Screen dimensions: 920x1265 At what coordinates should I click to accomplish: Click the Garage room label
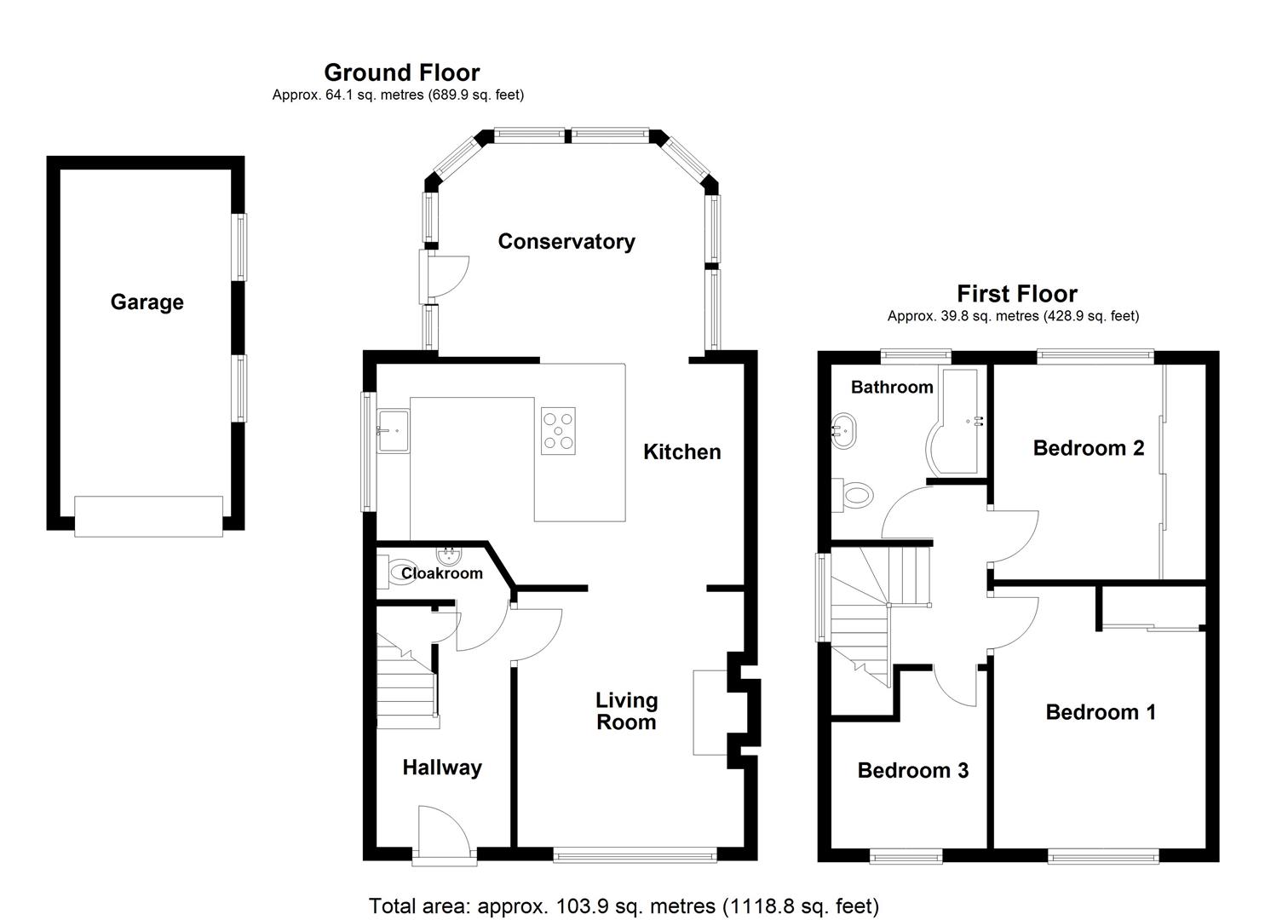tap(147, 302)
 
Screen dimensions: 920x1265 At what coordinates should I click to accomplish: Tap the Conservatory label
tap(566, 242)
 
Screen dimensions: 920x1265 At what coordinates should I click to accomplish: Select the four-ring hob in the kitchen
tap(558, 431)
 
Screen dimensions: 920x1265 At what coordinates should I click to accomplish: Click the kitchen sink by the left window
tap(393, 431)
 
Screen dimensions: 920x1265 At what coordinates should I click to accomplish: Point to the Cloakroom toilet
tap(393, 572)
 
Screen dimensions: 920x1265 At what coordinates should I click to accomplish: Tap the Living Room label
tap(626, 711)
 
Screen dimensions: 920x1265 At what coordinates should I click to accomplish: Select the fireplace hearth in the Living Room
tap(709, 712)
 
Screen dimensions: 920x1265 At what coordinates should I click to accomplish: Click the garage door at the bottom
tap(148, 516)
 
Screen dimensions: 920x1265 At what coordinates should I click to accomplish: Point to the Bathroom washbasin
tap(843, 429)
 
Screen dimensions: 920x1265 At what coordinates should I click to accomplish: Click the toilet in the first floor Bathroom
tap(854, 494)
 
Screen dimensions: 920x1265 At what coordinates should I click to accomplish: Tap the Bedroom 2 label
tap(1088, 448)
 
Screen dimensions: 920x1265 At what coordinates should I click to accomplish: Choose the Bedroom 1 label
tap(1101, 712)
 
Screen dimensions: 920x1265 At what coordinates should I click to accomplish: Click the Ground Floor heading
tap(401, 72)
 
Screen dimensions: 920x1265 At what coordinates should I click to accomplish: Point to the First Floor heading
tap(1016, 294)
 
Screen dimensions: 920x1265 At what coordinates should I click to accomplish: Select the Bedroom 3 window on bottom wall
tap(906, 856)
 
